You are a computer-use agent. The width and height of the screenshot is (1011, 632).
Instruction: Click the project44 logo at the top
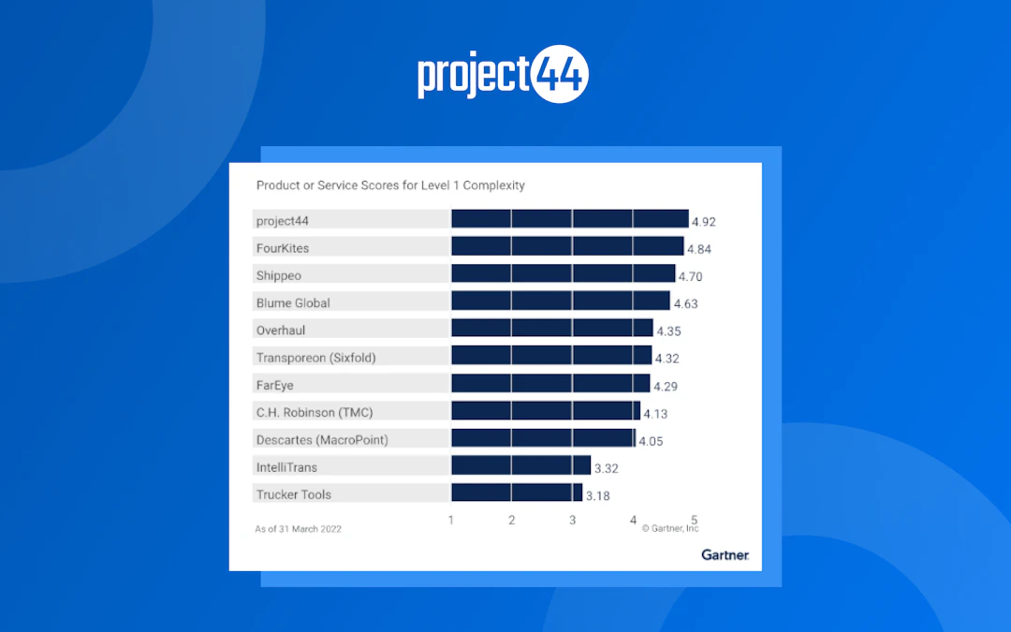tap(503, 77)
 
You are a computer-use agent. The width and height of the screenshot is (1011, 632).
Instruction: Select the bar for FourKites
tap(567, 246)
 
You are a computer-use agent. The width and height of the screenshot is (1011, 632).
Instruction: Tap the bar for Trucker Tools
tap(517, 493)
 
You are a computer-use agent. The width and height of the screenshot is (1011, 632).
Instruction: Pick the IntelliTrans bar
tap(520, 465)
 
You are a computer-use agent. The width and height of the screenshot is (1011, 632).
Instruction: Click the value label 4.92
tap(703, 223)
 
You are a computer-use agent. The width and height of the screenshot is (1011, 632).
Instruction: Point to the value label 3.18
tap(598, 496)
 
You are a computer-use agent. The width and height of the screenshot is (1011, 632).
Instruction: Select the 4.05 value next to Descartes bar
tap(651, 441)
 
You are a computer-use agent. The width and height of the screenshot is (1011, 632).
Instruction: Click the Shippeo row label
tap(279, 276)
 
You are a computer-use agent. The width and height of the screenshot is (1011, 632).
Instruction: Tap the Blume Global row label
tap(293, 303)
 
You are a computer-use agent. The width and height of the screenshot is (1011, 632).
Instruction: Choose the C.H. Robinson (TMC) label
tap(315, 412)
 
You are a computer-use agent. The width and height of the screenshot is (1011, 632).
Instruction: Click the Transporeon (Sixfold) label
tap(315, 358)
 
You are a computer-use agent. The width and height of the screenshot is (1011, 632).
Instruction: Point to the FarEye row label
tap(275, 385)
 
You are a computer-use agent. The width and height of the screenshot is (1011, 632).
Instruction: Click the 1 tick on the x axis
tap(451, 521)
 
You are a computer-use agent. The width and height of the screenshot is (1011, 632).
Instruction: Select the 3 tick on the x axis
tap(573, 521)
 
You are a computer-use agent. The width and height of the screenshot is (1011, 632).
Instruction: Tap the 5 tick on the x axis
tap(694, 520)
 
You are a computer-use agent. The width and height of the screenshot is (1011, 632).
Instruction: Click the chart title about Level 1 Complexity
tap(390, 185)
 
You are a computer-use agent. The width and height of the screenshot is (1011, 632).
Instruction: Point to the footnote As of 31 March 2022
tap(299, 529)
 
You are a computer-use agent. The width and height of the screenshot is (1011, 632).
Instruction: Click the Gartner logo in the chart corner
tap(725, 555)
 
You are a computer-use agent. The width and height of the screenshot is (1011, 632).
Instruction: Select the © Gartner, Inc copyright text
tap(670, 529)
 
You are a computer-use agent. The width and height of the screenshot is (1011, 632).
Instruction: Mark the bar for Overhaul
tap(552, 329)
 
